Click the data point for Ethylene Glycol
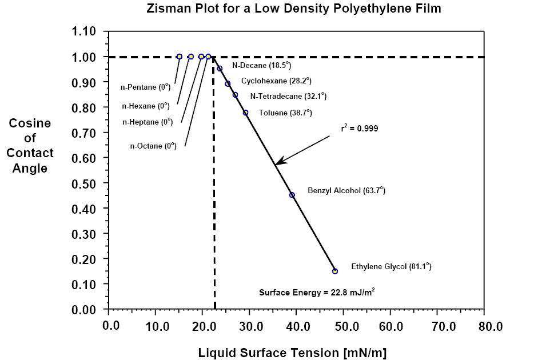[335, 271]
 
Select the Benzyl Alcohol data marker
[292, 195]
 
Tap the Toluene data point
[245, 113]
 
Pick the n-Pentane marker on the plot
[180, 57]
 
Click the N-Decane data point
[220, 69]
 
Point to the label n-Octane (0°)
[153, 146]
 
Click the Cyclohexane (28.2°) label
[276, 81]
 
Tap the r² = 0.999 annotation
[360, 129]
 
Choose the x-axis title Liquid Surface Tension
[292, 353]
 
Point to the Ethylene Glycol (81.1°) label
[391, 266]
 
